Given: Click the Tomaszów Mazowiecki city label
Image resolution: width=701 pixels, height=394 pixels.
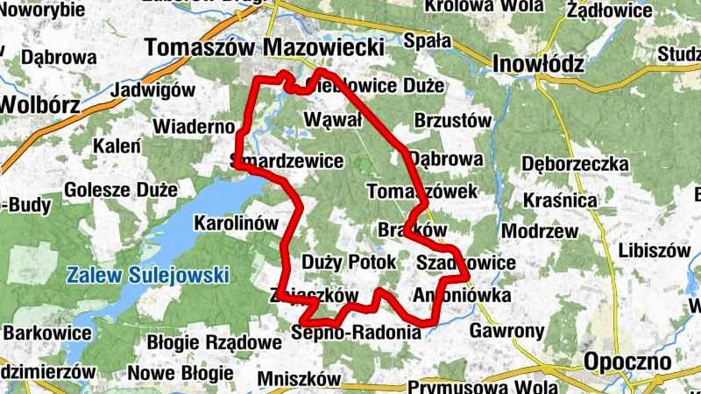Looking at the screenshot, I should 264,47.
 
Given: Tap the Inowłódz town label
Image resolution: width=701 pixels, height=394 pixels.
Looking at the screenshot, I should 538,64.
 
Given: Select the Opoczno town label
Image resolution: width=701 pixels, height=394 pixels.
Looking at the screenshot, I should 627,361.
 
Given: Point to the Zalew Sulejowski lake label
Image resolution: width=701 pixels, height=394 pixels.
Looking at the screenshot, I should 148,275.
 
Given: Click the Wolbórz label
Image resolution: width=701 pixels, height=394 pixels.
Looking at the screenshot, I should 39,104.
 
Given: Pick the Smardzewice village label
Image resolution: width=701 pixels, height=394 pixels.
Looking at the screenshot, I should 287,162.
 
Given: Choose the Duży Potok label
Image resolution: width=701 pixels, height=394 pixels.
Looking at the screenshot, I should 349,261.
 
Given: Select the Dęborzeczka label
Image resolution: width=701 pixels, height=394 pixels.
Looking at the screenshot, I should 575,164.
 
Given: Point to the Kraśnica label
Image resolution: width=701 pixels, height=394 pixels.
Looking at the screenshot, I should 560,201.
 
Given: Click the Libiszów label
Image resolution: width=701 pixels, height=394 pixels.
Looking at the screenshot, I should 654,250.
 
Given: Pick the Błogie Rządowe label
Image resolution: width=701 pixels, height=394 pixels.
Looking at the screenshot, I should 202,342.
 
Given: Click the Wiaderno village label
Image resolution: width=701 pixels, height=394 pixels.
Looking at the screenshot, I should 194,127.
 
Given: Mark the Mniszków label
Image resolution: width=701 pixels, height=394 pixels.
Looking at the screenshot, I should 299,379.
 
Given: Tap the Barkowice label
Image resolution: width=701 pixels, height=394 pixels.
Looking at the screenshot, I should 47,333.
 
